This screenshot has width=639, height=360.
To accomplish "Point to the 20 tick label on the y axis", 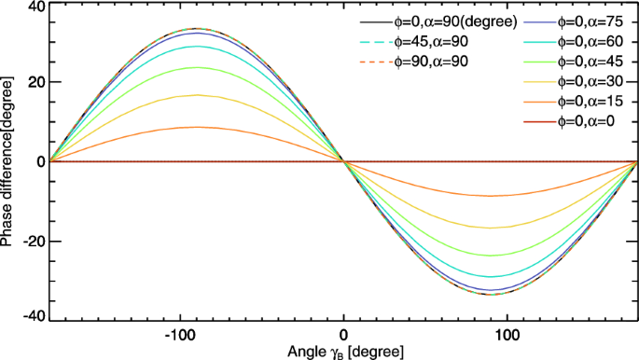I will coord(35,82).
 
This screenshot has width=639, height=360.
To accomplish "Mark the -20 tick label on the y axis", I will coord(33,241).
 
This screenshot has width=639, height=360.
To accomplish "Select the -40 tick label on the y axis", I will coord(33,318).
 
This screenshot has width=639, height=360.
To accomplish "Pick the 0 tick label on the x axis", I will coord(344,333).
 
